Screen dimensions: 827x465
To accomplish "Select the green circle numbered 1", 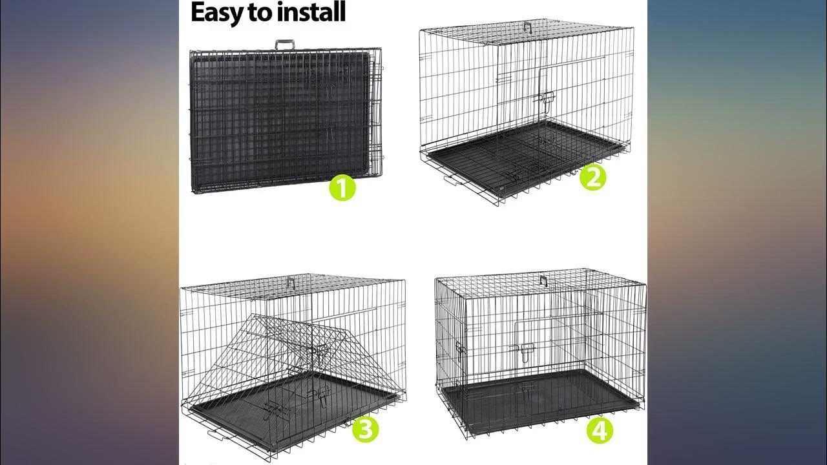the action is [x=342, y=188].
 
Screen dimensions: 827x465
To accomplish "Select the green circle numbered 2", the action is [x=593, y=177].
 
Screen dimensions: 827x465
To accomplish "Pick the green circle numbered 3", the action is [x=366, y=429].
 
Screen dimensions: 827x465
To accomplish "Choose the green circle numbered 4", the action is [x=600, y=430].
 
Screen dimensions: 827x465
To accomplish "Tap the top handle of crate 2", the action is [x=529, y=26].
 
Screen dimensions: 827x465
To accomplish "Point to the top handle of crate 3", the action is [x=291, y=283].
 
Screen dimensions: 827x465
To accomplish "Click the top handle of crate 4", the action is [x=543, y=280].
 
